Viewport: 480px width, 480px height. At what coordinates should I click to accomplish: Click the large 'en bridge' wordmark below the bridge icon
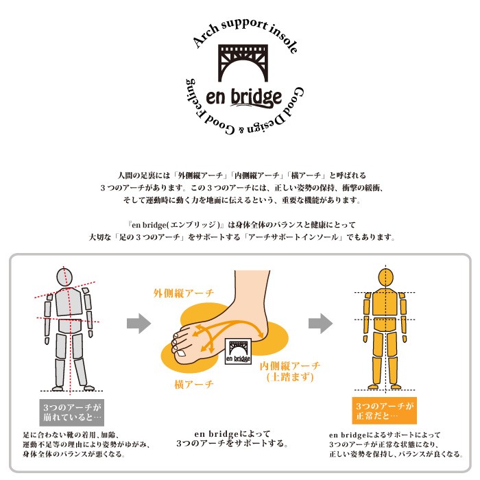[244, 97]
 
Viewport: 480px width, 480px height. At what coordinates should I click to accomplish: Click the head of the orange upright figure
[385, 278]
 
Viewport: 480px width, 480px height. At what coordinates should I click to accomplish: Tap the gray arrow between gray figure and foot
[139, 323]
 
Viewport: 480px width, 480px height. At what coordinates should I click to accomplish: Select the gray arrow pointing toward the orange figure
[320, 323]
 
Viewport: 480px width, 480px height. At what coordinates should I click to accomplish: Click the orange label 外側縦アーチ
[184, 293]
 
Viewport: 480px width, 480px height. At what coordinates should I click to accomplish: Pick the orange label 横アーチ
[194, 384]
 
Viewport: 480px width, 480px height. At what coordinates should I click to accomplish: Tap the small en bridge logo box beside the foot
[238, 351]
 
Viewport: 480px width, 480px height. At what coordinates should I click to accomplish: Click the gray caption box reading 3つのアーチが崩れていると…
[71, 412]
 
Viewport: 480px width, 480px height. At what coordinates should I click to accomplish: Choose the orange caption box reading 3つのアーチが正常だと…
[385, 411]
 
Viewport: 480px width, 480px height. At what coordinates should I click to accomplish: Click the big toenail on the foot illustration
[181, 354]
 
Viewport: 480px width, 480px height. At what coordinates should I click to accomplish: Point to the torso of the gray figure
[69, 302]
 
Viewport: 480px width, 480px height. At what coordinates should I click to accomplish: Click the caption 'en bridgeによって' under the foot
[232, 434]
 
